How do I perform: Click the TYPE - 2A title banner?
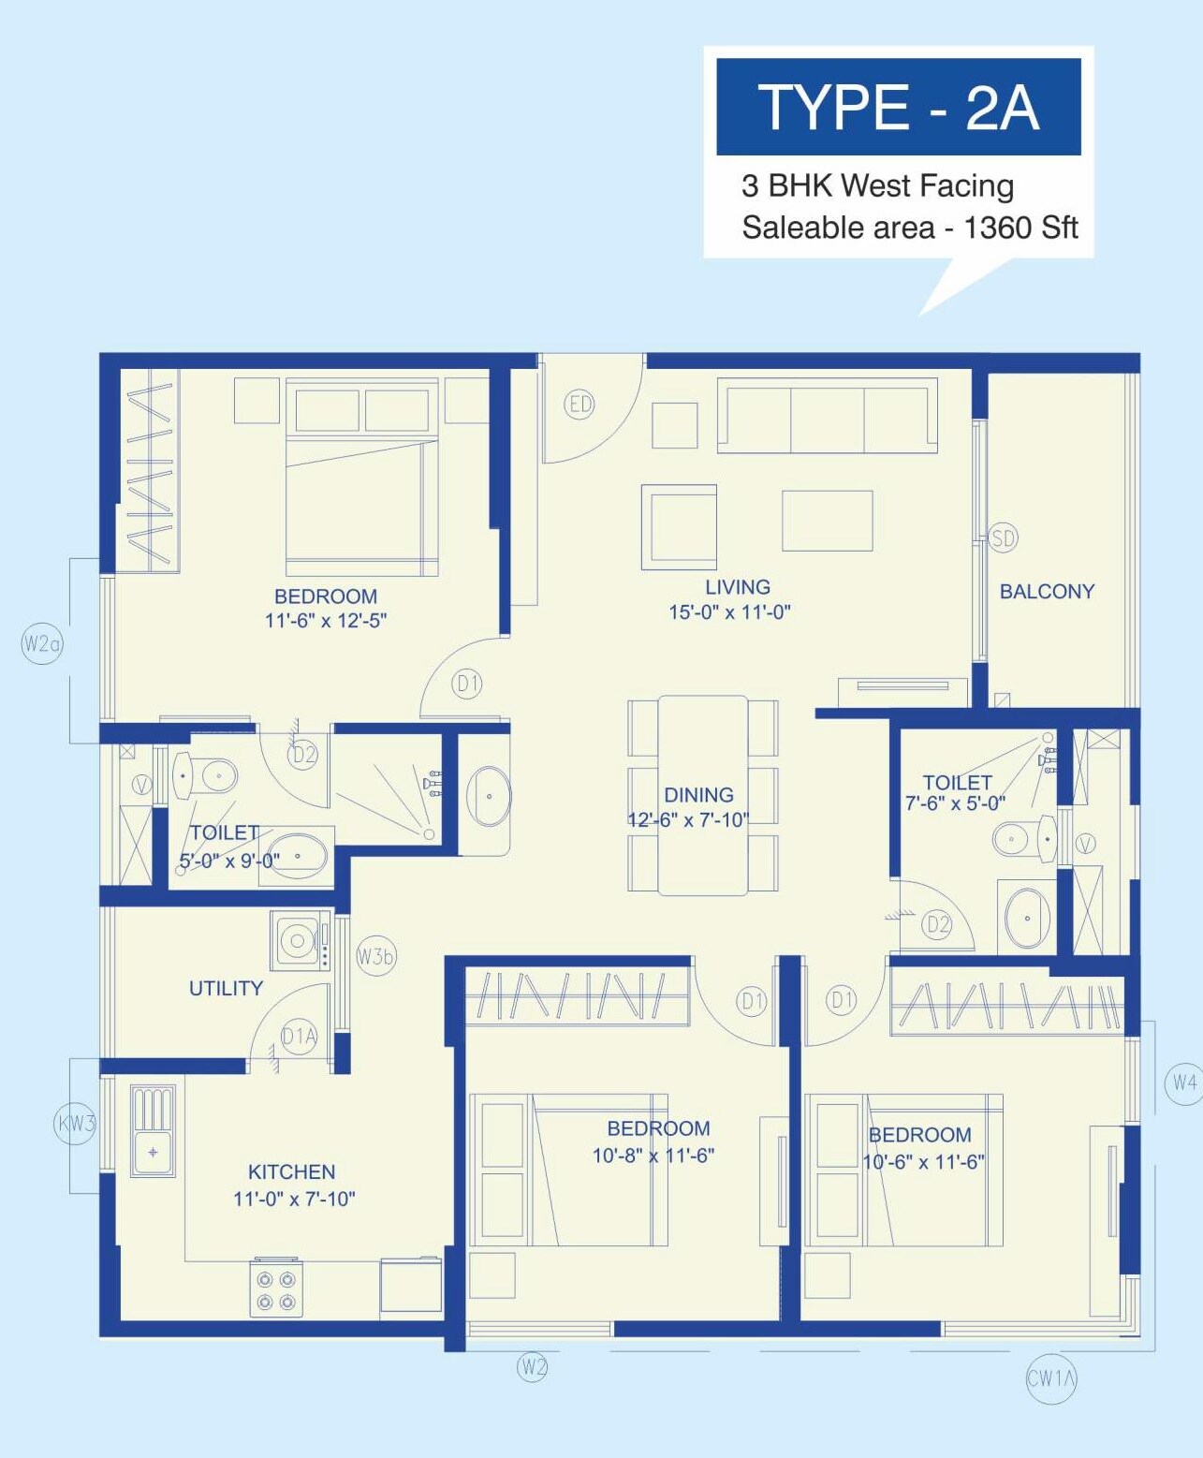point(898,107)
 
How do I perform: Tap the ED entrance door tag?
point(580,404)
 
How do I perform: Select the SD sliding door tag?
point(1003,538)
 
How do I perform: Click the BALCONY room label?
point(1047,591)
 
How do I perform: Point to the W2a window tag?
point(42,643)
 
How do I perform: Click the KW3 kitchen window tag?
point(76,1123)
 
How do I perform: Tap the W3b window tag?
point(375,956)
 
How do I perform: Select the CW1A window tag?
point(1051,1377)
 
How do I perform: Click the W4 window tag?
point(1183,1082)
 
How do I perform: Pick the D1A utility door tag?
point(299,1036)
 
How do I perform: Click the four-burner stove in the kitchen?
point(276,1290)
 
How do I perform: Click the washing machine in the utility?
point(299,940)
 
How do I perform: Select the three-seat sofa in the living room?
point(827,415)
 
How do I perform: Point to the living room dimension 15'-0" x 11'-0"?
point(729,612)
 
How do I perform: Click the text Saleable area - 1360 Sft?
point(909,228)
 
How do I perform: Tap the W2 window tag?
point(532,1366)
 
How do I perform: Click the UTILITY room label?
point(226,988)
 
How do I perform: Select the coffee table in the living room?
point(827,521)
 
